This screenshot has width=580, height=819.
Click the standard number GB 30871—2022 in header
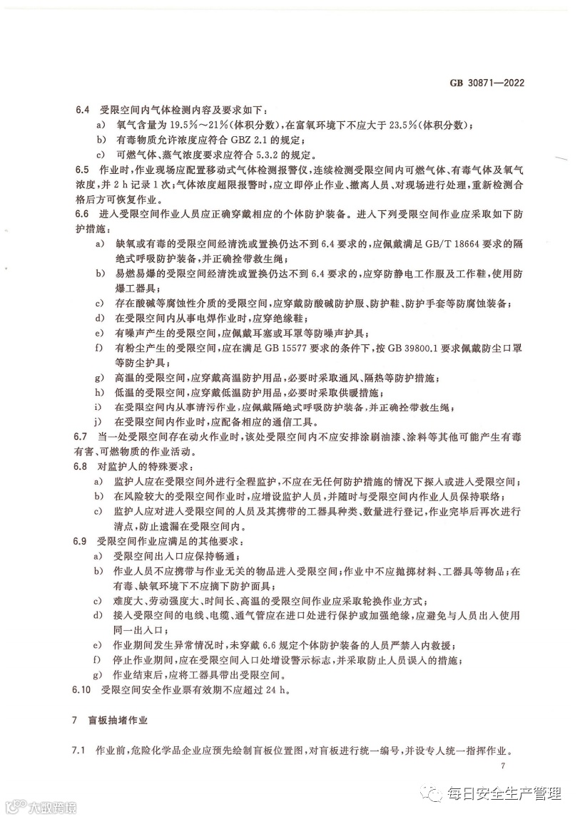pos(487,83)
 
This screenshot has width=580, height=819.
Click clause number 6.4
pos(83,110)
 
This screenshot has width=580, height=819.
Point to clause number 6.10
pos(85,689)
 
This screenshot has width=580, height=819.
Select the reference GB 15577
pos(292,347)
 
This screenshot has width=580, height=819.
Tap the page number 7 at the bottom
pos(503,767)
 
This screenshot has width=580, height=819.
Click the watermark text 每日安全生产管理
pos(504,793)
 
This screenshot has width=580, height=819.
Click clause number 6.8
pos(83,465)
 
